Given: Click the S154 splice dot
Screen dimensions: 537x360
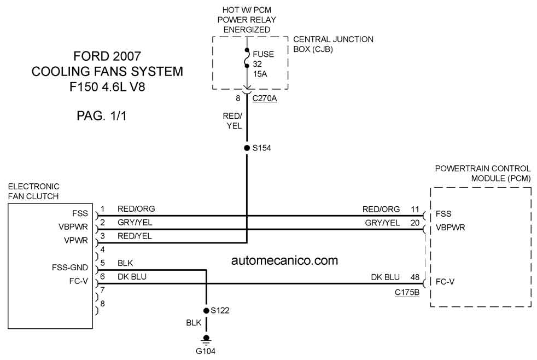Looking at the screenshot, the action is click(x=247, y=148).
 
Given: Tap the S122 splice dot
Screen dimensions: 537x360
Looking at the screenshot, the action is click(x=206, y=311).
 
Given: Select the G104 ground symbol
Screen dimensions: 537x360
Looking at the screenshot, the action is click(x=206, y=339).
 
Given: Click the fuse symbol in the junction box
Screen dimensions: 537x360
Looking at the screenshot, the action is click(x=247, y=58).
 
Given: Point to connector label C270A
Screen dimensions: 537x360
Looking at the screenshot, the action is click(x=264, y=98).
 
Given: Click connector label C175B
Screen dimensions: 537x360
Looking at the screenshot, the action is click(x=407, y=293).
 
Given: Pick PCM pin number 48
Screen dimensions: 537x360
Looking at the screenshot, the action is click(x=415, y=277).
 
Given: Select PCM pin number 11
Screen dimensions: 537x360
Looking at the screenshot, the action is click(x=415, y=209).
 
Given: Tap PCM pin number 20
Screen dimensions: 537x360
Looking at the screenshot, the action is click(x=415, y=223).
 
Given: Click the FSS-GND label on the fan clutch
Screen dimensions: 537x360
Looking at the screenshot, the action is click(x=70, y=268).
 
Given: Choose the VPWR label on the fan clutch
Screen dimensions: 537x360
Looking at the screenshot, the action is click(x=75, y=241).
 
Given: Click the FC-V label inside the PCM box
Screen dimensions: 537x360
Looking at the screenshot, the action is click(x=445, y=282).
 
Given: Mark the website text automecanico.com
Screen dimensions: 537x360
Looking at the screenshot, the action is click(x=284, y=260).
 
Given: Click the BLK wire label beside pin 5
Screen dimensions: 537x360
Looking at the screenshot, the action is click(x=125, y=263).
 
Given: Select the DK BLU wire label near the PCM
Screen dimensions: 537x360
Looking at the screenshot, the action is click(x=386, y=277).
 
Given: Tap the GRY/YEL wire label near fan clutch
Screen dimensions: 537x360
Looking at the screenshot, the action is click(x=135, y=223).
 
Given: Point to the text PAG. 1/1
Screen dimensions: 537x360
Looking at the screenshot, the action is click(x=102, y=116).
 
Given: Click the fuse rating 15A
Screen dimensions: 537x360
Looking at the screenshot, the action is click(x=260, y=74).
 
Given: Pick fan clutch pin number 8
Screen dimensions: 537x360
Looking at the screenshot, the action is click(x=102, y=304).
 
